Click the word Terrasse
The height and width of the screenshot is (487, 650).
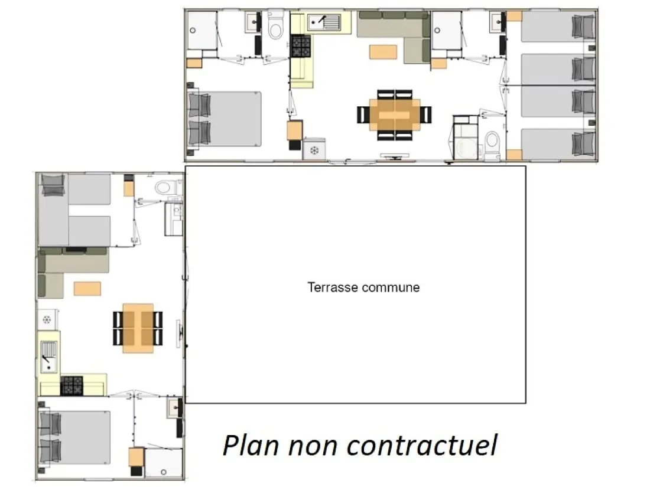point(332,287)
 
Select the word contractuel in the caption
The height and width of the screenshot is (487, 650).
point(421,446)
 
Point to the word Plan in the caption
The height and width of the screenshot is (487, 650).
point(251,446)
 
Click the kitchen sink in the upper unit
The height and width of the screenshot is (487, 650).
point(324,22)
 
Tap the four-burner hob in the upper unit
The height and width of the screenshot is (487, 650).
point(301,46)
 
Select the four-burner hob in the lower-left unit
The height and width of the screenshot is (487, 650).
point(71,385)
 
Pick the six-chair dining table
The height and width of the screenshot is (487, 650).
point(395,115)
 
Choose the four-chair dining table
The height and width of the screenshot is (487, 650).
point(138,328)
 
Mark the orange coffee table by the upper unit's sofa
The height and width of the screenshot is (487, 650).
point(383,52)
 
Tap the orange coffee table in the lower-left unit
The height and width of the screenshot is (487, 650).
point(87,288)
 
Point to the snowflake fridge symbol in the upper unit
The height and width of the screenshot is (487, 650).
point(314,150)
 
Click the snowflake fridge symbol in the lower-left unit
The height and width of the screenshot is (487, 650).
point(47,319)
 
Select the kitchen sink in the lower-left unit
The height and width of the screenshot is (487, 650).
point(48,357)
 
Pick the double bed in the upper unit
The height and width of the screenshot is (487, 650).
point(225,119)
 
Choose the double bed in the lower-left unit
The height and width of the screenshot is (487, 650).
point(75,438)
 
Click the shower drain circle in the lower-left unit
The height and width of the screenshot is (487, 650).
point(164,472)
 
